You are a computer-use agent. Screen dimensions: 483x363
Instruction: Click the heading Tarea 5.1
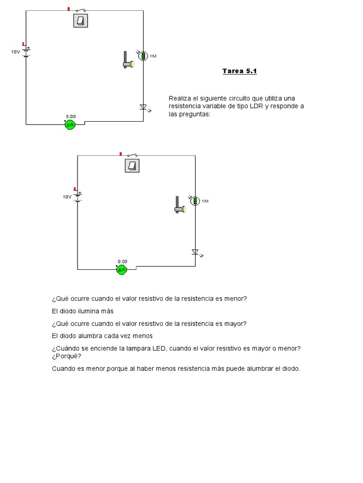coord(240,71)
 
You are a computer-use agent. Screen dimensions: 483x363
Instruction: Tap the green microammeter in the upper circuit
coord(70,125)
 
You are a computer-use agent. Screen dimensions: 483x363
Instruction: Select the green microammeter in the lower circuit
coord(122,269)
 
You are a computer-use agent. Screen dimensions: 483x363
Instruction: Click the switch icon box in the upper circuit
coord(81,20)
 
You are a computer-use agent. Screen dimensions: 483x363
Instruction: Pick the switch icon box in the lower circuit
coord(133,166)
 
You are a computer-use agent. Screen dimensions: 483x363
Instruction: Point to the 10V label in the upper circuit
coord(16,52)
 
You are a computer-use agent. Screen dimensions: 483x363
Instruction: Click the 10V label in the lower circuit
coord(67,197)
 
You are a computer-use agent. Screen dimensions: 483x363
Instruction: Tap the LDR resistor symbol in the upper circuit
coord(143,56)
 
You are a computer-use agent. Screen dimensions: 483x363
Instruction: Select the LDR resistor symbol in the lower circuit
coord(195,201)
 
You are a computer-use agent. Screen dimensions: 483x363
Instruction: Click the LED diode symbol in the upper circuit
coord(143,107)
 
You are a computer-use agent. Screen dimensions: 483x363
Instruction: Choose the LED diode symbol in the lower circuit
coord(195,252)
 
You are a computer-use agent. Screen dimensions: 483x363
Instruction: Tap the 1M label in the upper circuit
coord(153,56)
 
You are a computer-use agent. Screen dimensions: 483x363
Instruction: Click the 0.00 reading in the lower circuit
coord(122,261)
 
